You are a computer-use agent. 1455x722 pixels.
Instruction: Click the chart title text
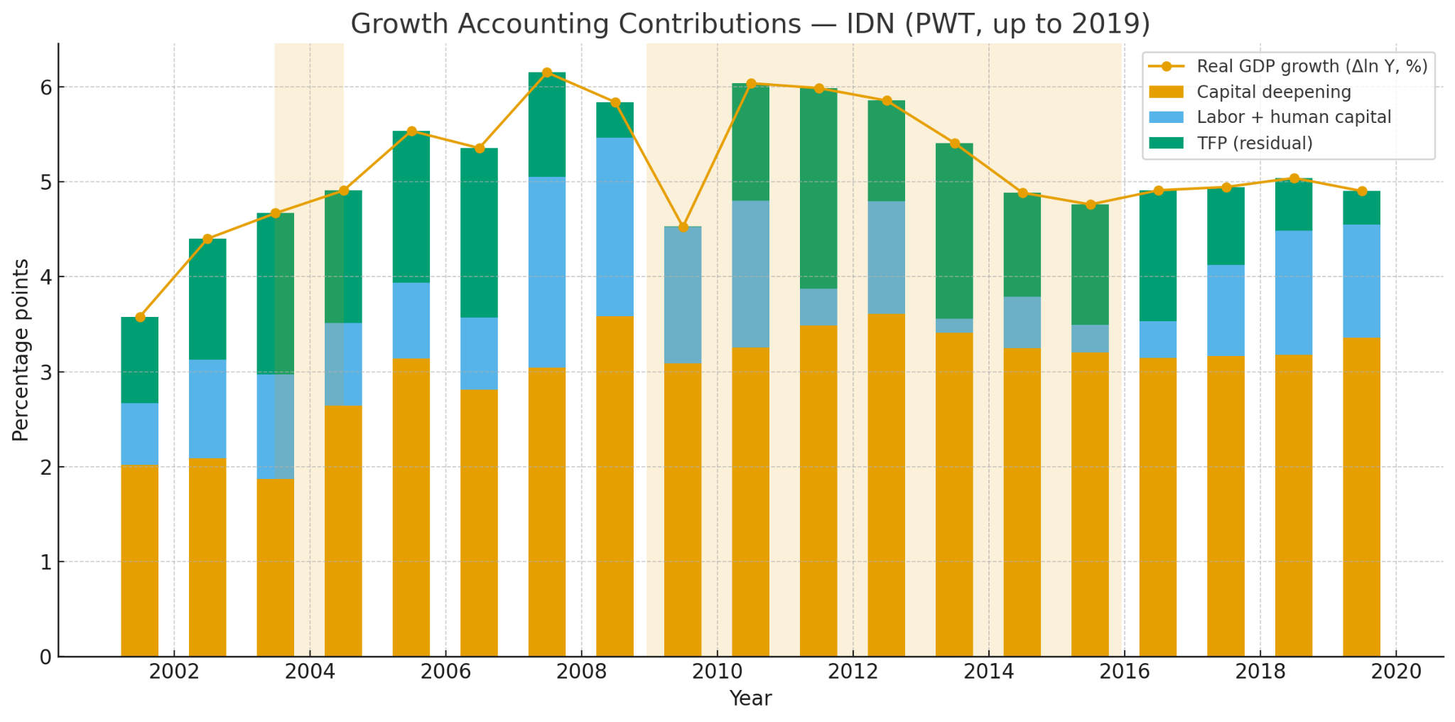tap(750, 24)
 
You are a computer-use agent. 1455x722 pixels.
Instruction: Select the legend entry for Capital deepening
tap(1273, 92)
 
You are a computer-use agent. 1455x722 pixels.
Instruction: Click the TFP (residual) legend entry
tap(1254, 144)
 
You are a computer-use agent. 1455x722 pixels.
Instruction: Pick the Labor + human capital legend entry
tap(1293, 118)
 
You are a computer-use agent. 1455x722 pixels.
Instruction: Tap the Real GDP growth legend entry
tap(1311, 66)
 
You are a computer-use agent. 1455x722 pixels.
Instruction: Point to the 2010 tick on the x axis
tap(717, 672)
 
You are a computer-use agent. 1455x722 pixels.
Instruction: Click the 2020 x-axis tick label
tap(1395, 672)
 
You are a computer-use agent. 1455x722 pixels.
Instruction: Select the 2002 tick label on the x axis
tap(174, 672)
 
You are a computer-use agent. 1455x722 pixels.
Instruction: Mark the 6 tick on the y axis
tap(45, 87)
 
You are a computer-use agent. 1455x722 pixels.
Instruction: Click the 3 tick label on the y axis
tap(45, 372)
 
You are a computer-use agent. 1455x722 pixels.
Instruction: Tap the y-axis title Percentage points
tap(21, 350)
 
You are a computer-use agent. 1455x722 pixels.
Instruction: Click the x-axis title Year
tap(750, 699)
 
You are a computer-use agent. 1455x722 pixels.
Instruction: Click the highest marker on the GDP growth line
tap(547, 72)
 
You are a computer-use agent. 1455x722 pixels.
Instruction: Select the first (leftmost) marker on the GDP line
tap(140, 317)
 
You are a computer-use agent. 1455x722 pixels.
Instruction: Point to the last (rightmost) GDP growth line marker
tap(1362, 191)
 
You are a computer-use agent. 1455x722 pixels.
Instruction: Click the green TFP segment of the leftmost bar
tap(140, 360)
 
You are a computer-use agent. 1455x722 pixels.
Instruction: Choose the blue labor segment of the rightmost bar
tap(1362, 281)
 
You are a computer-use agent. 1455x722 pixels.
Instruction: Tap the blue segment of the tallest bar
tap(547, 272)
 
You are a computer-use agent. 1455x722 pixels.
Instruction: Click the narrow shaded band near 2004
tap(309, 142)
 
